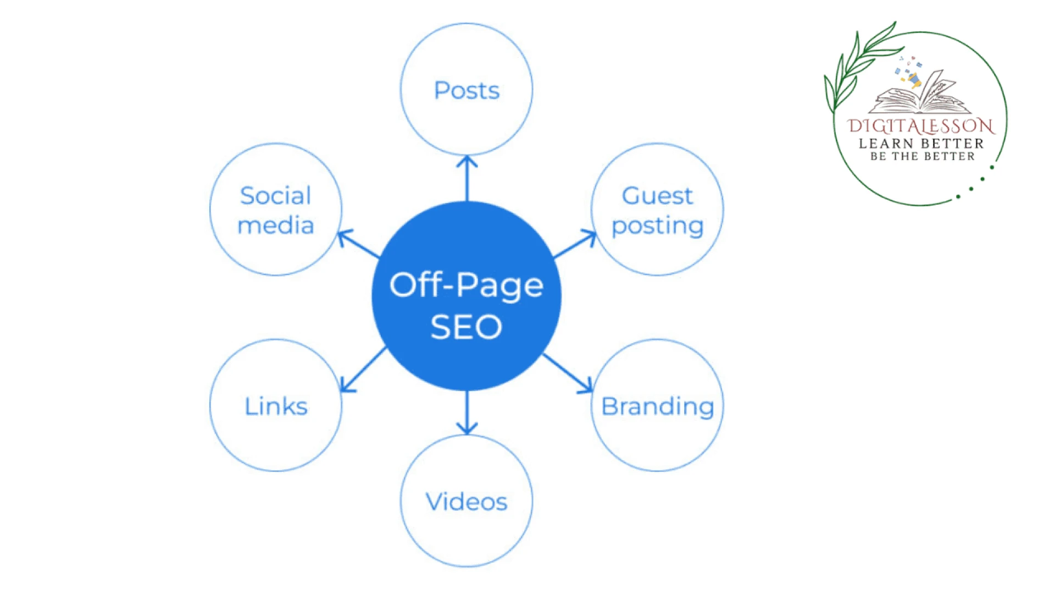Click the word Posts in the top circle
coord(467,91)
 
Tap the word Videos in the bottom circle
coord(467,502)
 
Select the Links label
coord(276,406)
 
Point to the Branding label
coord(658,406)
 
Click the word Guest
coord(657,196)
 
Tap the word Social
coord(276,196)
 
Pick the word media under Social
coord(276,226)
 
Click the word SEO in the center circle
coord(467,327)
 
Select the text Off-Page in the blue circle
coord(467,285)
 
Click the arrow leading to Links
coord(363,370)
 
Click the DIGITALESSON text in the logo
coord(921,127)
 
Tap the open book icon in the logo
coord(920,94)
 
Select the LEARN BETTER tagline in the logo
coord(921,144)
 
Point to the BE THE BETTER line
coord(922,157)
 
